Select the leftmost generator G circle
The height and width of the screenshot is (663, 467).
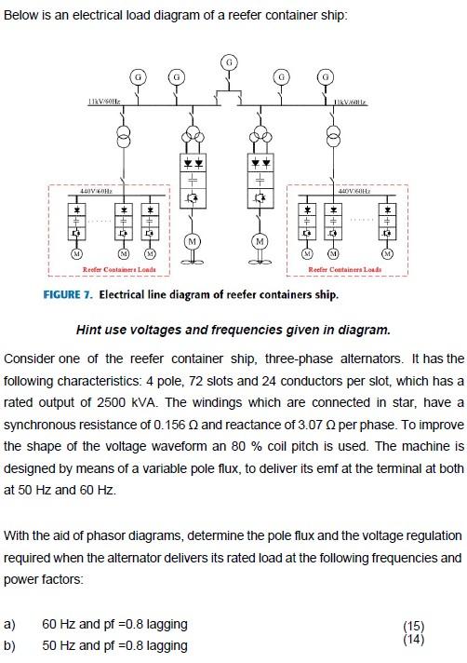[138, 74]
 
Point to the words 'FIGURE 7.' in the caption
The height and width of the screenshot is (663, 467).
[68, 295]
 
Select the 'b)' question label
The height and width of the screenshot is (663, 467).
[11, 645]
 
